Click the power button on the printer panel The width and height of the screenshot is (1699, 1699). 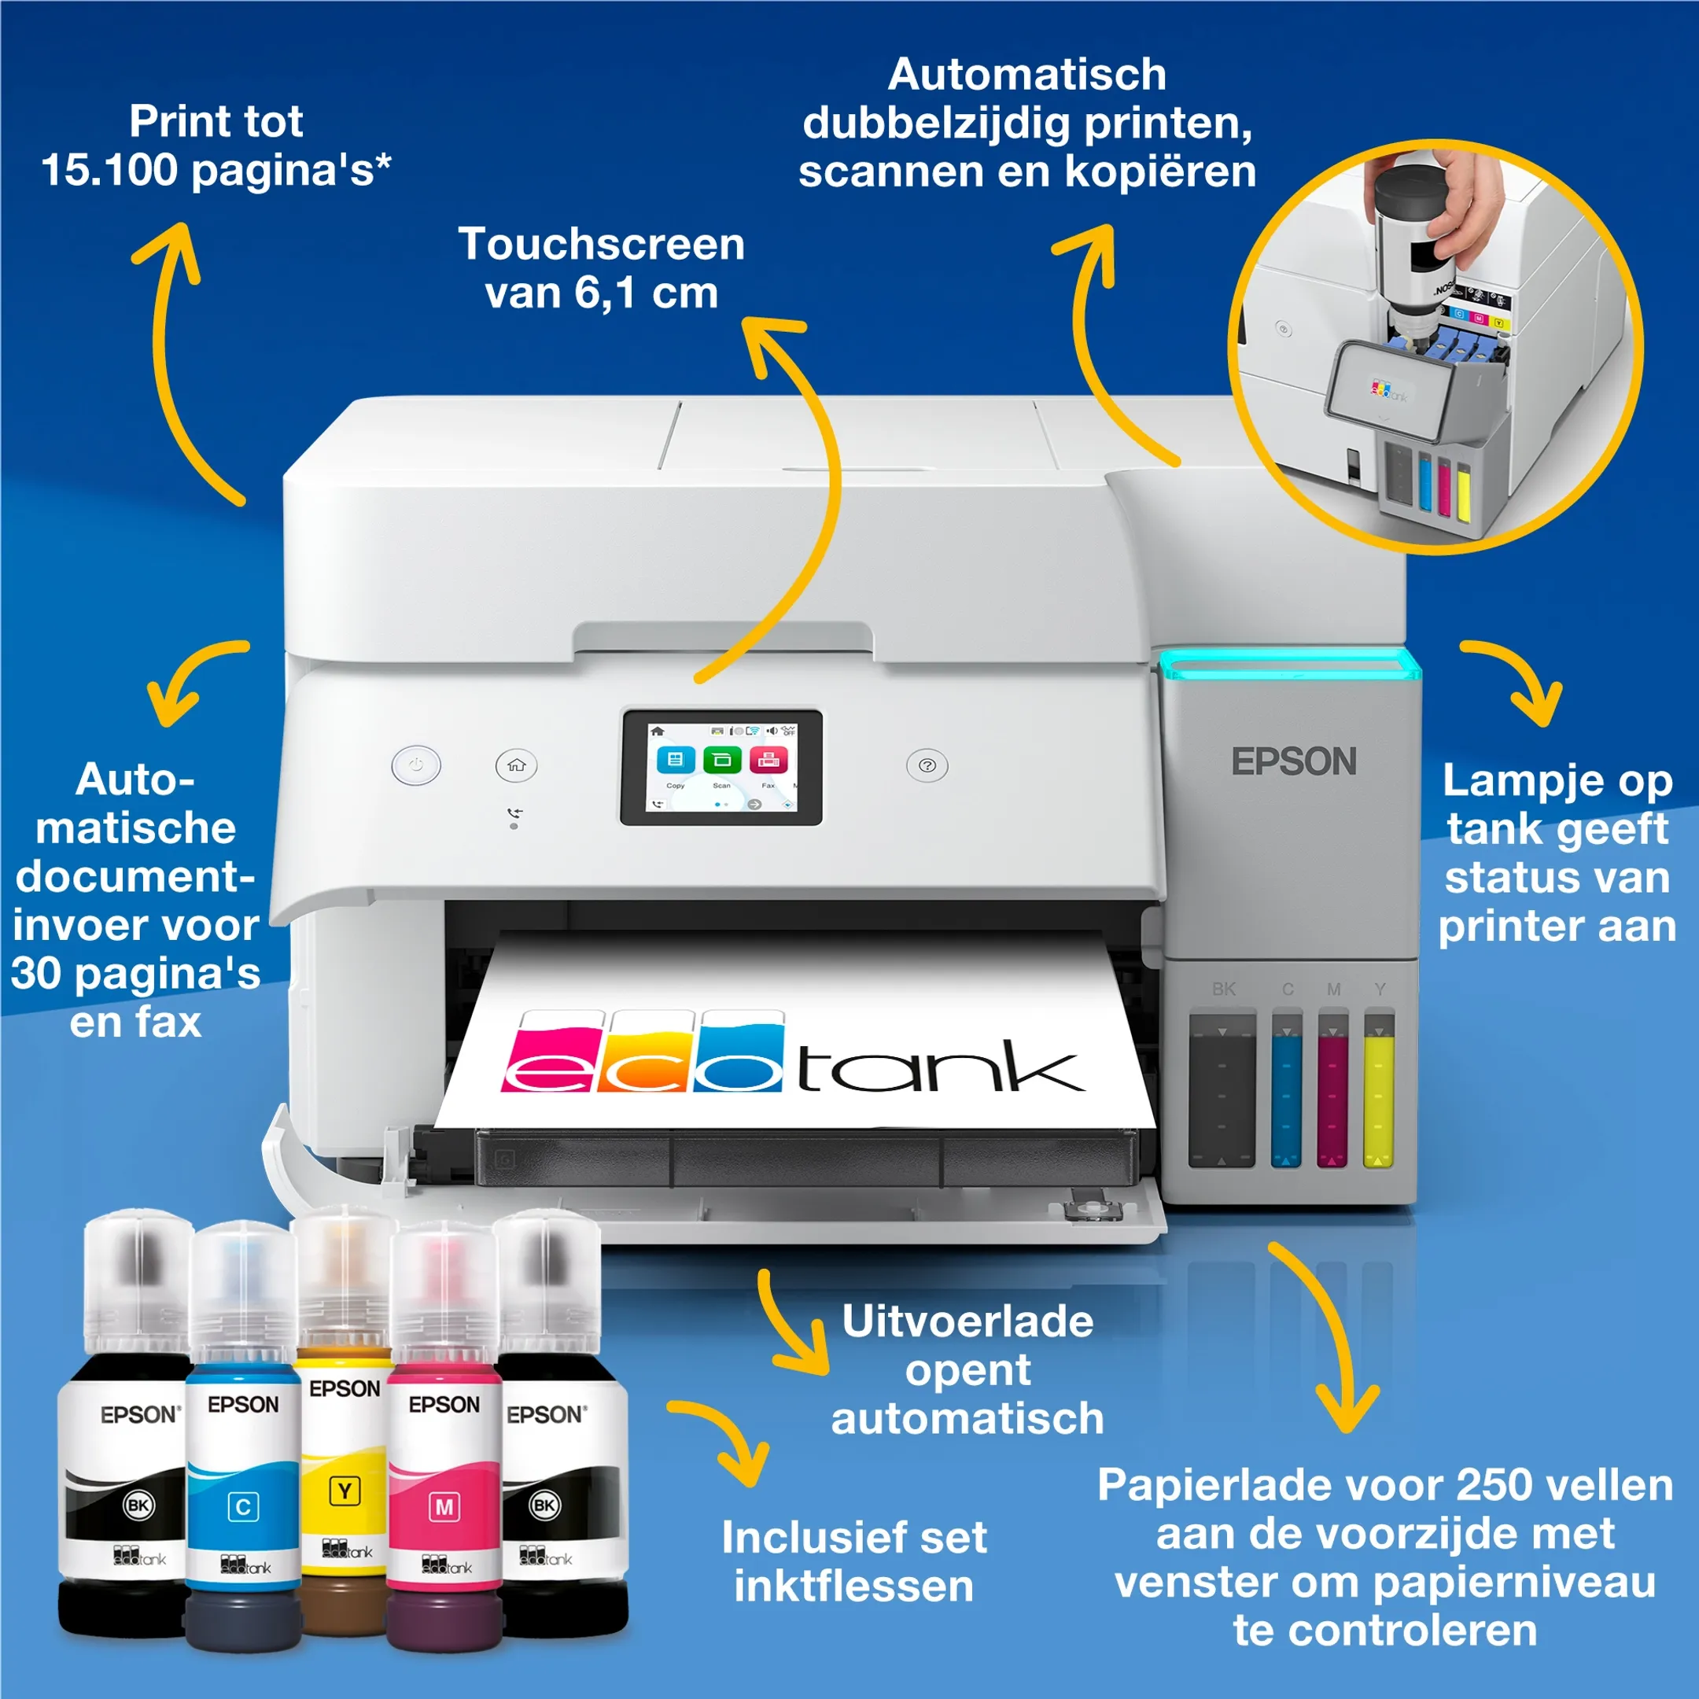click(416, 765)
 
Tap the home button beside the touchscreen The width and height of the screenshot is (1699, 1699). click(516, 765)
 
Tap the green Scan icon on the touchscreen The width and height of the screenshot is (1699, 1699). click(722, 760)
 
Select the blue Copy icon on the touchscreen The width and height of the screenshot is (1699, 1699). click(676, 760)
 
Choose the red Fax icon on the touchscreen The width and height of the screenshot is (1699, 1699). click(768, 760)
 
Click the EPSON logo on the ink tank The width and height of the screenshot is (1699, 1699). click(1294, 761)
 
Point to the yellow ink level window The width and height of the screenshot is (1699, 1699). click(1378, 1095)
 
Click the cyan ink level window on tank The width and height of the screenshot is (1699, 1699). click(1287, 1095)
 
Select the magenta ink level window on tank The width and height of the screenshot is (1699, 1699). click(1332, 1095)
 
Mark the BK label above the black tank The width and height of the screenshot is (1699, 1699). click(1223, 990)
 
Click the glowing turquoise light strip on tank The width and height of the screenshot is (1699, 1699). click(1289, 666)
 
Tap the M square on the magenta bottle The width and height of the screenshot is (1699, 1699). click(444, 1507)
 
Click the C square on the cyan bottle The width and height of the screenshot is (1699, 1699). click(244, 1506)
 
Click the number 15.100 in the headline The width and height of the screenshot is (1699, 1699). click(109, 170)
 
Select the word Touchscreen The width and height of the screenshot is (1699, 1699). click(602, 245)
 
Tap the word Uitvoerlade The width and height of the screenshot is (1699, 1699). click(967, 1321)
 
